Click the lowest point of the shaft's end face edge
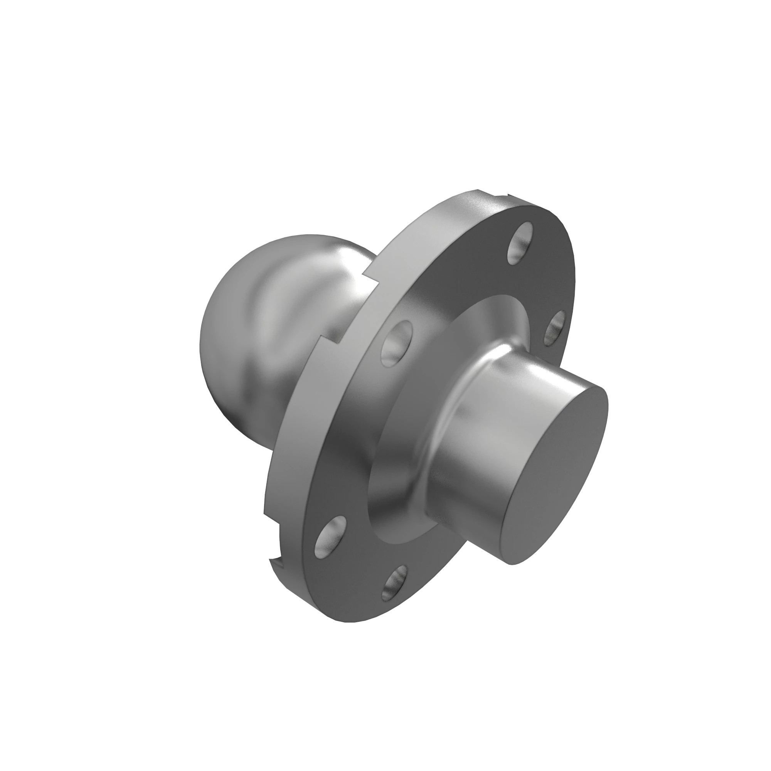[x=515, y=564]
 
